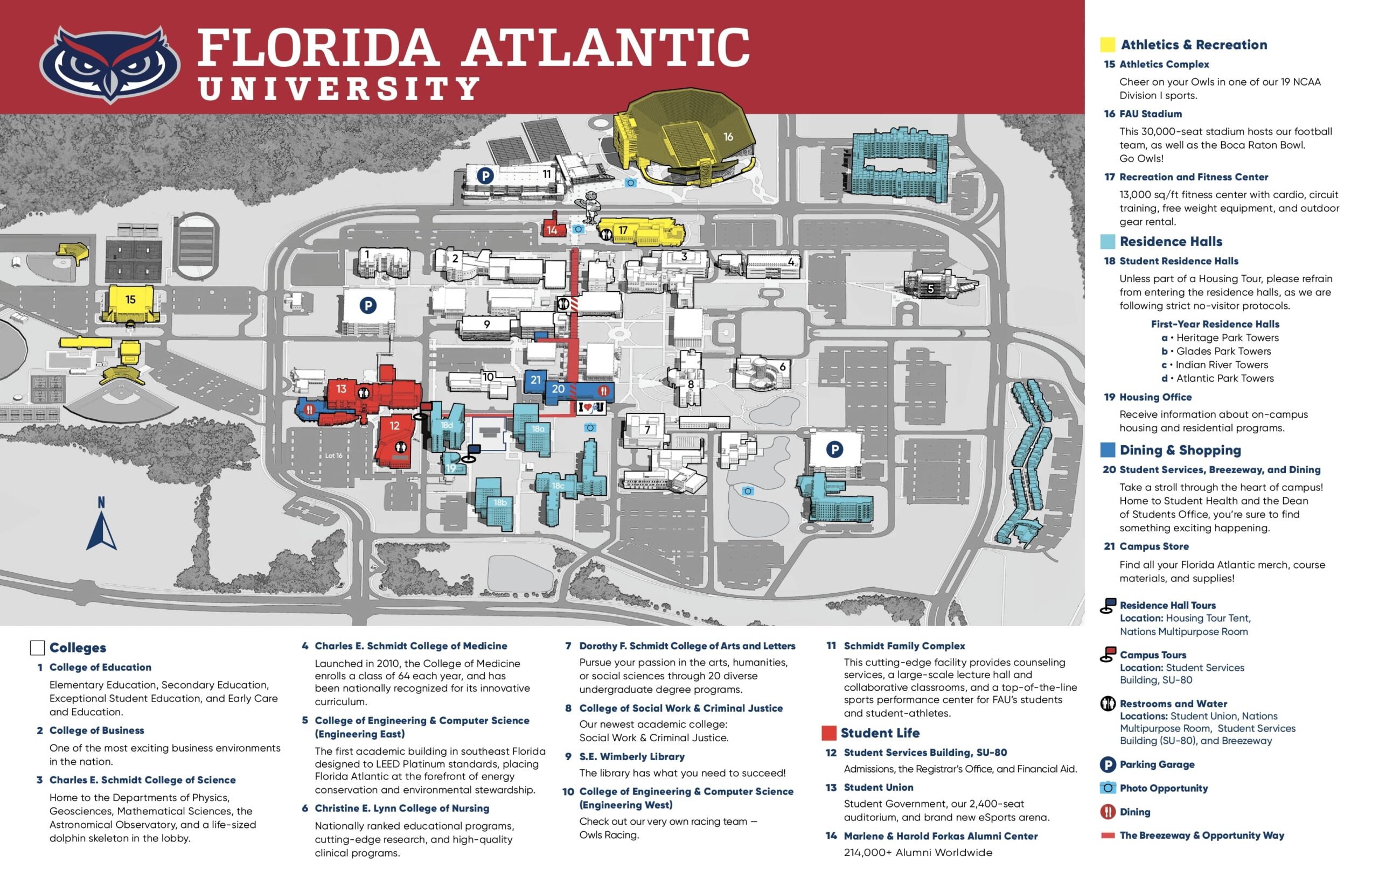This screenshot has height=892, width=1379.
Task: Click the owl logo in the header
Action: click(x=110, y=64)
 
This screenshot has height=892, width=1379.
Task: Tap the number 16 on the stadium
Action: click(x=728, y=137)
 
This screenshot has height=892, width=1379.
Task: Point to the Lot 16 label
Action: click(x=333, y=456)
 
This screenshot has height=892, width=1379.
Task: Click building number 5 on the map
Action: click(x=930, y=289)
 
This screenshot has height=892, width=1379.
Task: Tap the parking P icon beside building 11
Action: click(x=485, y=175)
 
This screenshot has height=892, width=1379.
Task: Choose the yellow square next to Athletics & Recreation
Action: click(x=1108, y=45)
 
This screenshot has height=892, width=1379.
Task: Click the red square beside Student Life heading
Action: click(x=828, y=733)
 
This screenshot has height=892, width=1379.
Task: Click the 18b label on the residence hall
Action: click(x=500, y=503)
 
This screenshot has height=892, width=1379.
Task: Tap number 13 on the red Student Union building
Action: click(x=342, y=389)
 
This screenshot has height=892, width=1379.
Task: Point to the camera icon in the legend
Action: click(x=1108, y=788)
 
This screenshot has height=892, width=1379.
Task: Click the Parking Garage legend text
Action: click(x=1157, y=764)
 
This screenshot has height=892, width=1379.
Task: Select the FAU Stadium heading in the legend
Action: click(x=1150, y=114)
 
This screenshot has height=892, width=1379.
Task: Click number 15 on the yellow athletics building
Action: click(x=130, y=299)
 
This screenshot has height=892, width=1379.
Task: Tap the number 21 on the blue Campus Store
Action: click(x=535, y=380)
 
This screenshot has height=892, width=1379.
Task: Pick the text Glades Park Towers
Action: click(x=1223, y=352)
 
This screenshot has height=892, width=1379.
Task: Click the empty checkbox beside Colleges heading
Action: click(x=38, y=648)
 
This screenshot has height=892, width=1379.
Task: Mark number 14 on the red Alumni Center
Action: click(x=552, y=230)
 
